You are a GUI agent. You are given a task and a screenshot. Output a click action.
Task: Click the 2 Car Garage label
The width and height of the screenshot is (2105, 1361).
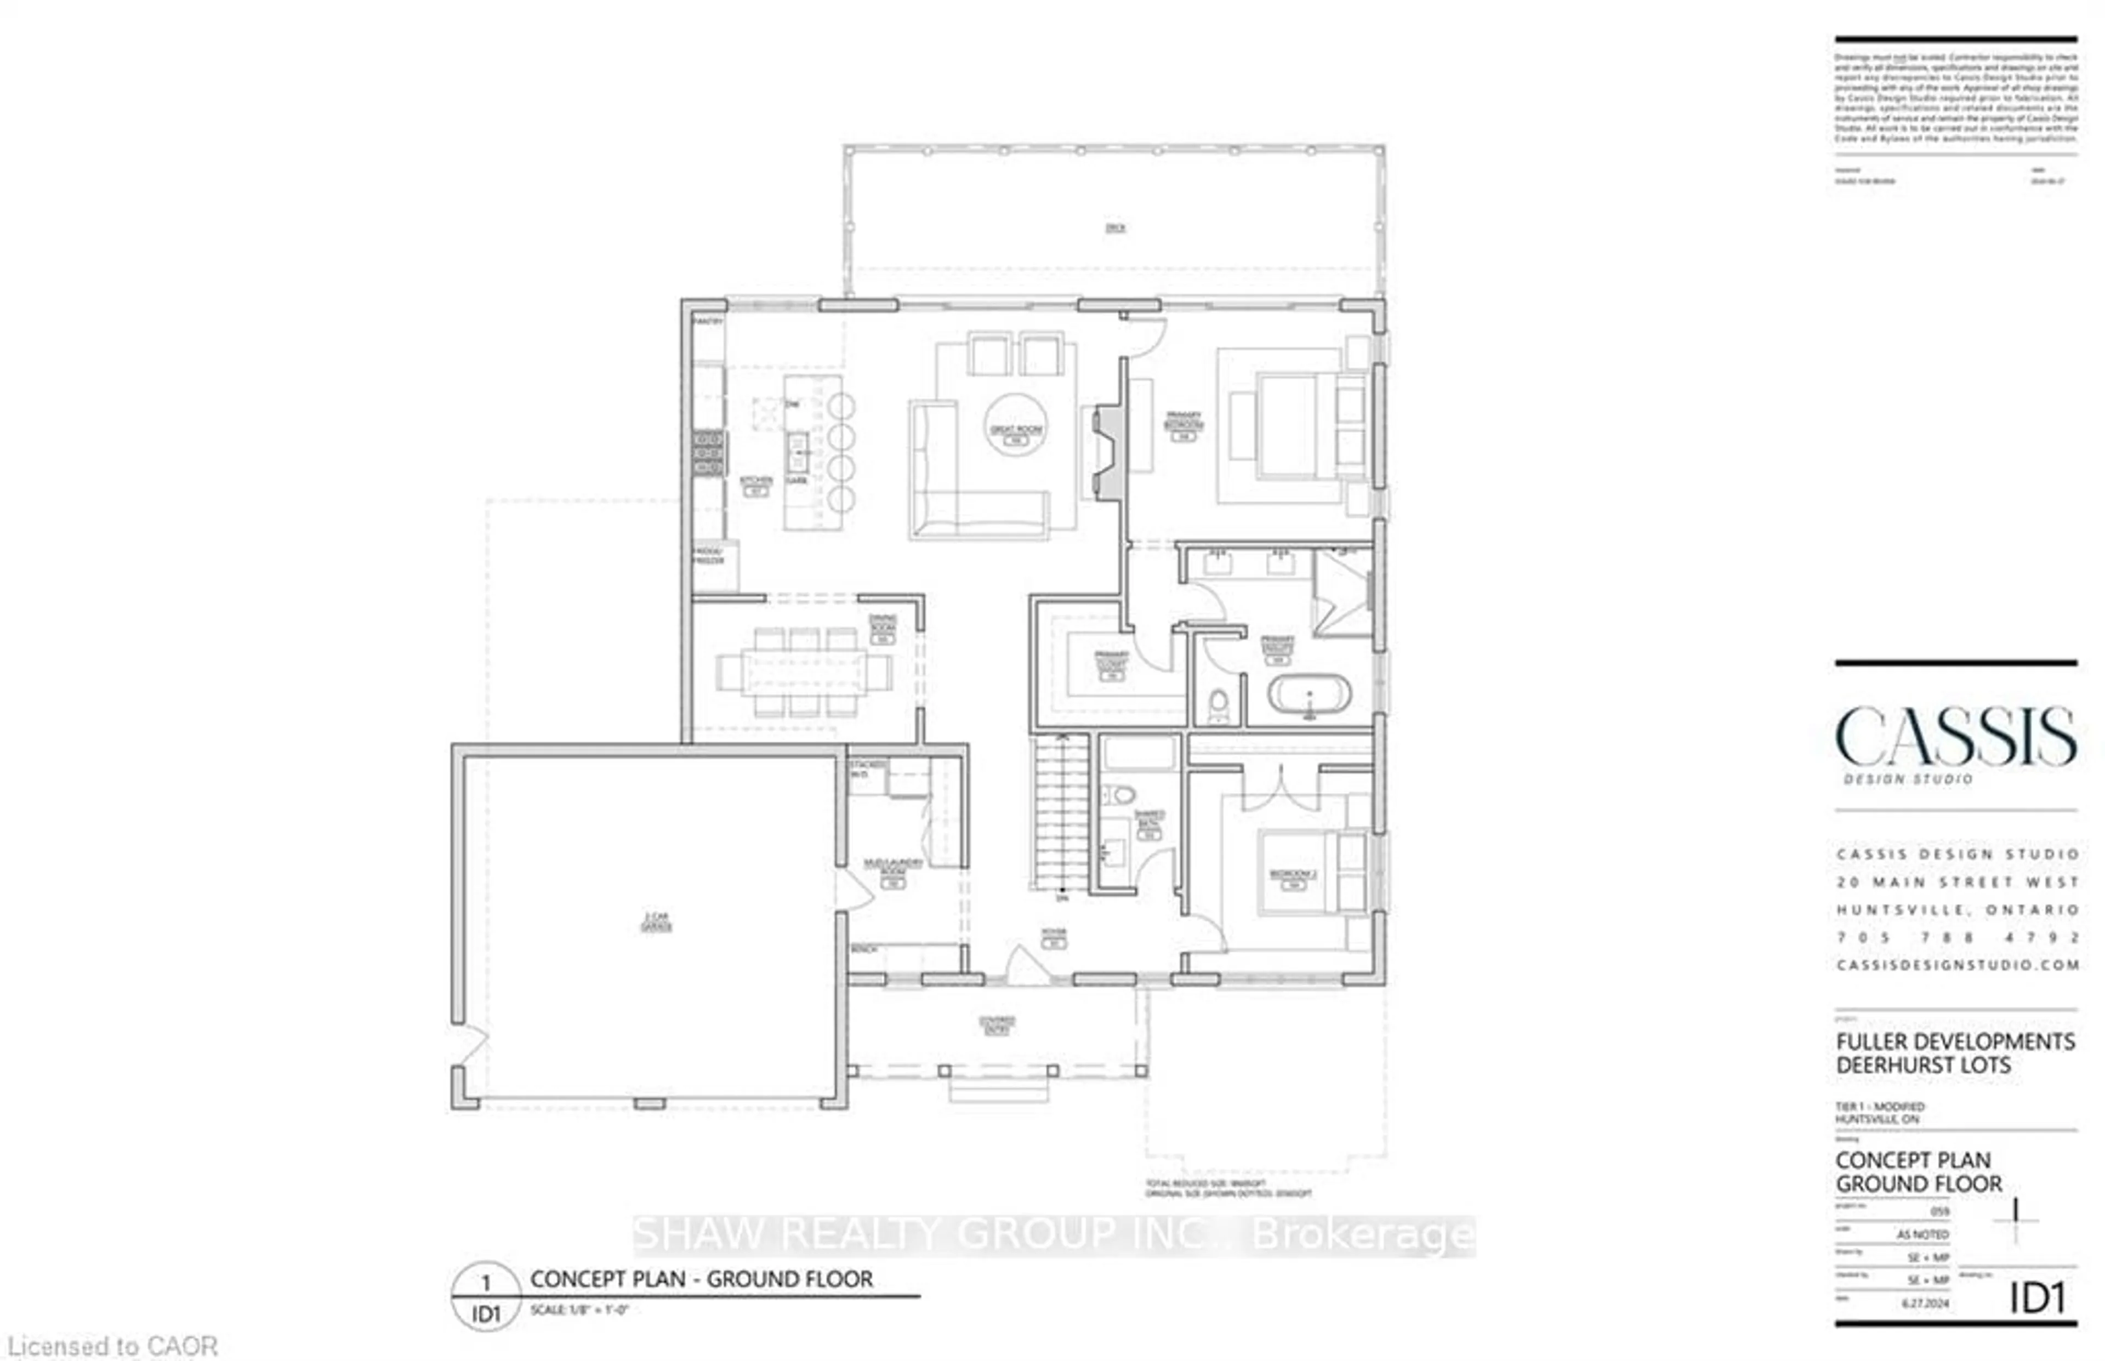pos(656,922)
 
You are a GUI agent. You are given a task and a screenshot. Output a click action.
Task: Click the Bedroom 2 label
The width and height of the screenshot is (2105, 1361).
pos(1293,875)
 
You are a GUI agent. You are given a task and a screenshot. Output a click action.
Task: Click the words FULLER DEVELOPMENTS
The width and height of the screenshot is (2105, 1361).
pos(1955,1042)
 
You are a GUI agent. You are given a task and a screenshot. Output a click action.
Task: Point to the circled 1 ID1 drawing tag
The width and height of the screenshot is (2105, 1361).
pos(485,1296)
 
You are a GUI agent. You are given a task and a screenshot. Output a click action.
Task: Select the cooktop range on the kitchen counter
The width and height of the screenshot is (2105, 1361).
pos(708,453)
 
